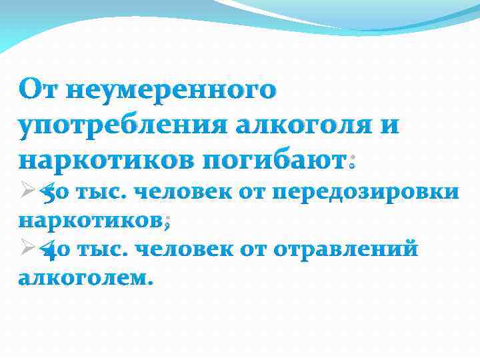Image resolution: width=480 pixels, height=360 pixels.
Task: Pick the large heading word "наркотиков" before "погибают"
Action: point(103,160)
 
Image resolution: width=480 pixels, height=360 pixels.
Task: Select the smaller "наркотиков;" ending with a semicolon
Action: point(93,221)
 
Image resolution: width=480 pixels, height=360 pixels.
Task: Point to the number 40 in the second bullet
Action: point(55,251)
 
